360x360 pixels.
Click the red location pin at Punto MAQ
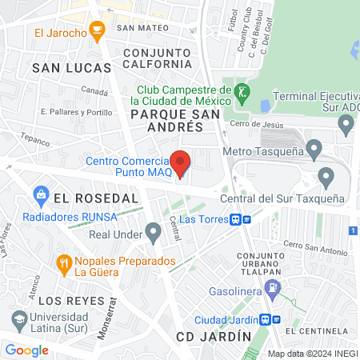181,163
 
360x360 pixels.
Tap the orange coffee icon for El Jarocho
98,32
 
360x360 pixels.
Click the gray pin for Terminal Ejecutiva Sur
346,125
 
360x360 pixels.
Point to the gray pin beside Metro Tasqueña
314,148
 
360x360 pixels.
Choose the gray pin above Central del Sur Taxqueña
326,177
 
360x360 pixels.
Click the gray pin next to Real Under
154,234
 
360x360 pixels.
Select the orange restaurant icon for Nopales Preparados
63,262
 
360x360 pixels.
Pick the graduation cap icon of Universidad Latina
18,319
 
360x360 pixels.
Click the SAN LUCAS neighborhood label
66,69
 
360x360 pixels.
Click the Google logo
27,350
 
